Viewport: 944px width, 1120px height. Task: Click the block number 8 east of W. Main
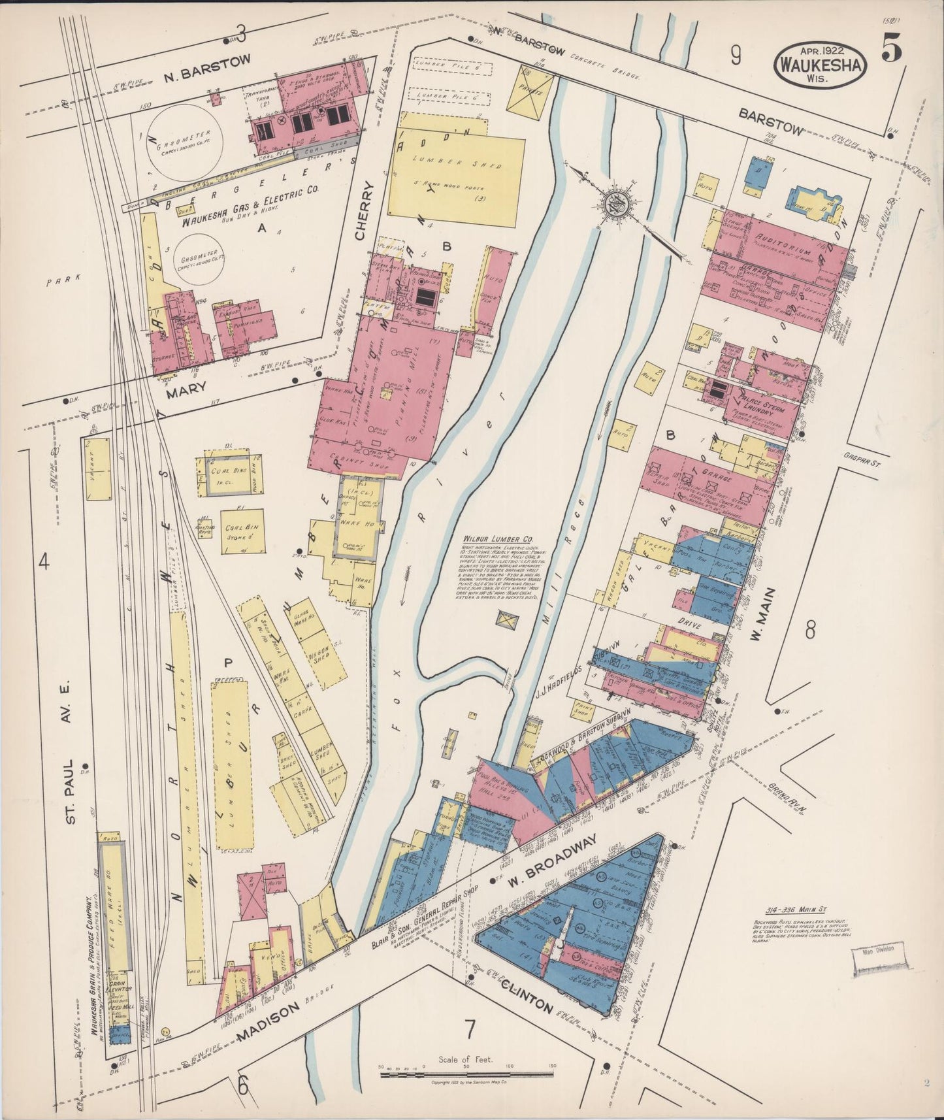coord(809,631)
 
